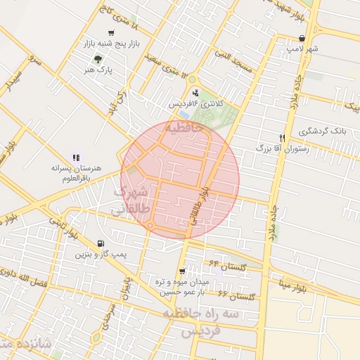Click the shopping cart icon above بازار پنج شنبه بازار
(111, 34)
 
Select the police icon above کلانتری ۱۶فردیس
(195, 92)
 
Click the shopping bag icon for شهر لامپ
(302, 39)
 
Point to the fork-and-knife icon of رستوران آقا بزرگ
(282, 138)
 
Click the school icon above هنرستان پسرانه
(76, 158)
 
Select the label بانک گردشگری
(323, 131)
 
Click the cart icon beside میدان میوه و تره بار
(182, 271)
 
